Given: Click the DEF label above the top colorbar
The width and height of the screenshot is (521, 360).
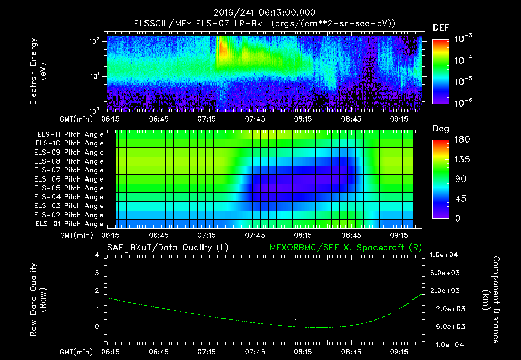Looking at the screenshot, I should pos(441,27).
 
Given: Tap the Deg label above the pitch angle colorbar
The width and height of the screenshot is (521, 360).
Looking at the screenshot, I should pos(441,129).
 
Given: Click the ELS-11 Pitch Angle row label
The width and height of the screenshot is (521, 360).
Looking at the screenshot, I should pos(70,134).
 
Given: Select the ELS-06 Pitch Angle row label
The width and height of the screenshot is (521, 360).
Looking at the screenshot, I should pos(70,179).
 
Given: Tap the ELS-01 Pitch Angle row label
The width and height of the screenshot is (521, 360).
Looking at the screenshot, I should pos(70,224).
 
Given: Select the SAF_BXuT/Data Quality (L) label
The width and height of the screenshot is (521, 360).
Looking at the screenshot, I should pos(167,247).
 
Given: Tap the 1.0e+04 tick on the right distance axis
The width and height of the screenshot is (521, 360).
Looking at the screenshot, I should pos(445,255).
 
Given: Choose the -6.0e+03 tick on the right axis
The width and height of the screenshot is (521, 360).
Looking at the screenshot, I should pos(445,326).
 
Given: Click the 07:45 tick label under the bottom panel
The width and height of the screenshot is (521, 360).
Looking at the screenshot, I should pos(255,351).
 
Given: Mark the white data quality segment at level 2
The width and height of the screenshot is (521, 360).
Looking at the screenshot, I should pos(165,291).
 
